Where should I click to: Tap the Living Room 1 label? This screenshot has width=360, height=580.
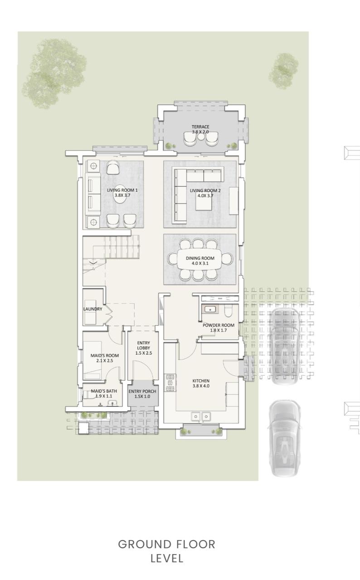[x=122, y=193]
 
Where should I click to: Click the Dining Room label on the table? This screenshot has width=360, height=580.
[x=200, y=261]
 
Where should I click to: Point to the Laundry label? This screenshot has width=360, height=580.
[x=92, y=309]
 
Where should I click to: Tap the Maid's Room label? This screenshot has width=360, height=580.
[x=105, y=358]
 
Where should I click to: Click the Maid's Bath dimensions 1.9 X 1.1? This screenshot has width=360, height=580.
[x=104, y=396]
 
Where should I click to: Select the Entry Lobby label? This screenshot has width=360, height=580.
[x=143, y=348]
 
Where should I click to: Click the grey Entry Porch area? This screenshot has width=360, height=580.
[x=143, y=393]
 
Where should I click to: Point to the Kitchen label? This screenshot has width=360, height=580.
[x=201, y=383]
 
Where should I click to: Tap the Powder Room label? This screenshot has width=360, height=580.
[x=219, y=328]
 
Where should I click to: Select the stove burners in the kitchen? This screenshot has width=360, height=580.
[x=170, y=383]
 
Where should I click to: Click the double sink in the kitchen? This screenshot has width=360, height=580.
[x=201, y=416]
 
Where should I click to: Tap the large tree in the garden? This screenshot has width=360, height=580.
[x=54, y=74]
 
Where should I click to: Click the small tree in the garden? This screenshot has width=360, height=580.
[x=283, y=71]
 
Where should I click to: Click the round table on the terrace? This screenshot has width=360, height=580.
[x=201, y=136]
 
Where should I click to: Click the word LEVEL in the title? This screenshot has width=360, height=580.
[x=167, y=559]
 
